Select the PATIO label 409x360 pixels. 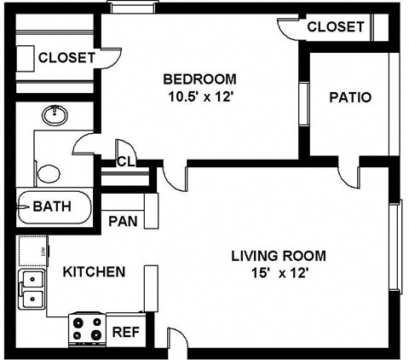click(x=350, y=97)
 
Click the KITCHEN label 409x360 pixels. click(x=95, y=272)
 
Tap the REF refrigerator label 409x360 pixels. click(x=126, y=331)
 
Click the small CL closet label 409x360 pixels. click(x=125, y=162)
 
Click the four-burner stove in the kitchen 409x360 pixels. click(x=86, y=328)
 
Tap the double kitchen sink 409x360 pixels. click(x=32, y=288)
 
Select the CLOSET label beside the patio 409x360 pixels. click(x=335, y=27)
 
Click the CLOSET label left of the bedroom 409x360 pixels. click(x=66, y=58)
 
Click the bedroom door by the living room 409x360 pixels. click(x=175, y=177)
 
